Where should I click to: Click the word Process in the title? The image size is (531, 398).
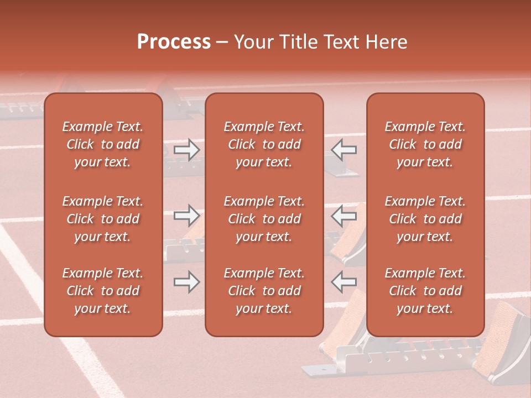point(174,42)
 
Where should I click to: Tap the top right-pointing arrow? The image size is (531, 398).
point(187,149)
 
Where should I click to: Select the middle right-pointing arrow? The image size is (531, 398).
point(187,216)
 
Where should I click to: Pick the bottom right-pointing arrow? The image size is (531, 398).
point(187,282)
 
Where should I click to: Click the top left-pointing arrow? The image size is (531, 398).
point(344,149)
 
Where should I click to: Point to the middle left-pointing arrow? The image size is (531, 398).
point(344,216)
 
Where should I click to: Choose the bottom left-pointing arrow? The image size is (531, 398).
point(344,282)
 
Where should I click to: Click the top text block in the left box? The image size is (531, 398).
point(103,144)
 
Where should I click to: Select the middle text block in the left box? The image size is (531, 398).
point(103,219)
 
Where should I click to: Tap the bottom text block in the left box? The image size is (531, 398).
point(103,291)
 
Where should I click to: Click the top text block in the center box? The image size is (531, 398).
point(264,144)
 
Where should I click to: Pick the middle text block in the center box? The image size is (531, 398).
point(264,219)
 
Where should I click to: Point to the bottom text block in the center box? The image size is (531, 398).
point(264,291)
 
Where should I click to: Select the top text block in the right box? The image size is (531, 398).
point(425,144)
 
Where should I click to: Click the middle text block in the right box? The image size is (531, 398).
point(425,219)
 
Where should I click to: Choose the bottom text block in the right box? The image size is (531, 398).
point(425,291)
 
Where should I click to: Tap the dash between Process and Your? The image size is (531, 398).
point(222,43)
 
